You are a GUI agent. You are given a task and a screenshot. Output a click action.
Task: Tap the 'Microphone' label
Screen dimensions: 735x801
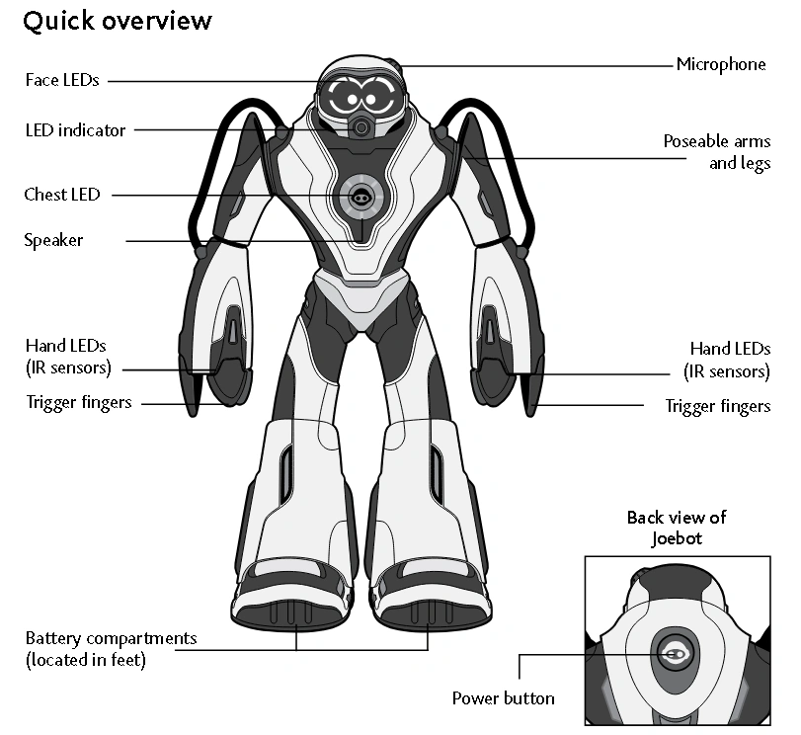(720, 64)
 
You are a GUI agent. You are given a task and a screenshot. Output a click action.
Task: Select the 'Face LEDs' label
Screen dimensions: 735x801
(62, 80)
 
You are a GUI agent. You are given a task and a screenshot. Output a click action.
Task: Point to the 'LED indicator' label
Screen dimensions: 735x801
(75, 130)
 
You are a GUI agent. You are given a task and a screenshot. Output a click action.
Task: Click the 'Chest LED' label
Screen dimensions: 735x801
(62, 195)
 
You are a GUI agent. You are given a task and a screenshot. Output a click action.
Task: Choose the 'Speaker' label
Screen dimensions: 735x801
(53, 240)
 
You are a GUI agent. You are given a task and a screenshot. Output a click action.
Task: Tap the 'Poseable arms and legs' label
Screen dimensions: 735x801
(716, 152)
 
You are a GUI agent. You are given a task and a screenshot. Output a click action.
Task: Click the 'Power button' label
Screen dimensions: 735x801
(503, 698)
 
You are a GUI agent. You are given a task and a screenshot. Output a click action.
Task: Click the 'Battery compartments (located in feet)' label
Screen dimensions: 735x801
(111, 648)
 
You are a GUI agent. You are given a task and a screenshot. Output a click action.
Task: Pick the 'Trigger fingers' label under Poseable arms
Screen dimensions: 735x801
(717, 406)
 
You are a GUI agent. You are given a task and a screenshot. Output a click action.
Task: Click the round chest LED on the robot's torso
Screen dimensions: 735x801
(360, 196)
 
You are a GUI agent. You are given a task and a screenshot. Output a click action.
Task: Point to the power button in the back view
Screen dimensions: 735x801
(675, 654)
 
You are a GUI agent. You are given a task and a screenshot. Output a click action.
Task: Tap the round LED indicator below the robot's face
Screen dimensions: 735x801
(362, 127)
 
